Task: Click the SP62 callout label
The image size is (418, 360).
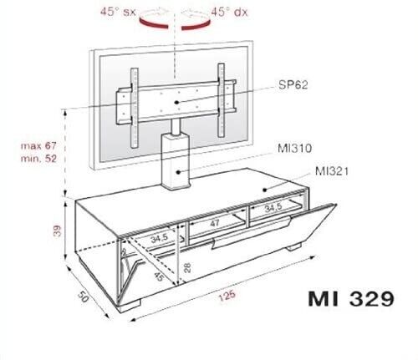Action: coord(293,84)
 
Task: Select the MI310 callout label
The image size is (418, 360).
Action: coord(295,148)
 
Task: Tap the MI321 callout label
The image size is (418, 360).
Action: coord(332,171)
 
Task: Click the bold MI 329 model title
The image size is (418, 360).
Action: coord(351,299)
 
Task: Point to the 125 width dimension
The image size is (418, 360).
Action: coord(227,295)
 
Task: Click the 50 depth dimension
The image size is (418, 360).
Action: coord(83,297)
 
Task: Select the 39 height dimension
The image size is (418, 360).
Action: coord(57,231)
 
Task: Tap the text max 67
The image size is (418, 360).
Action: coord(38,145)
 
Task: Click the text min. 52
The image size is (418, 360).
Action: coord(38,159)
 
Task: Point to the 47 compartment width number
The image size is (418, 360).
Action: coord(215,223)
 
